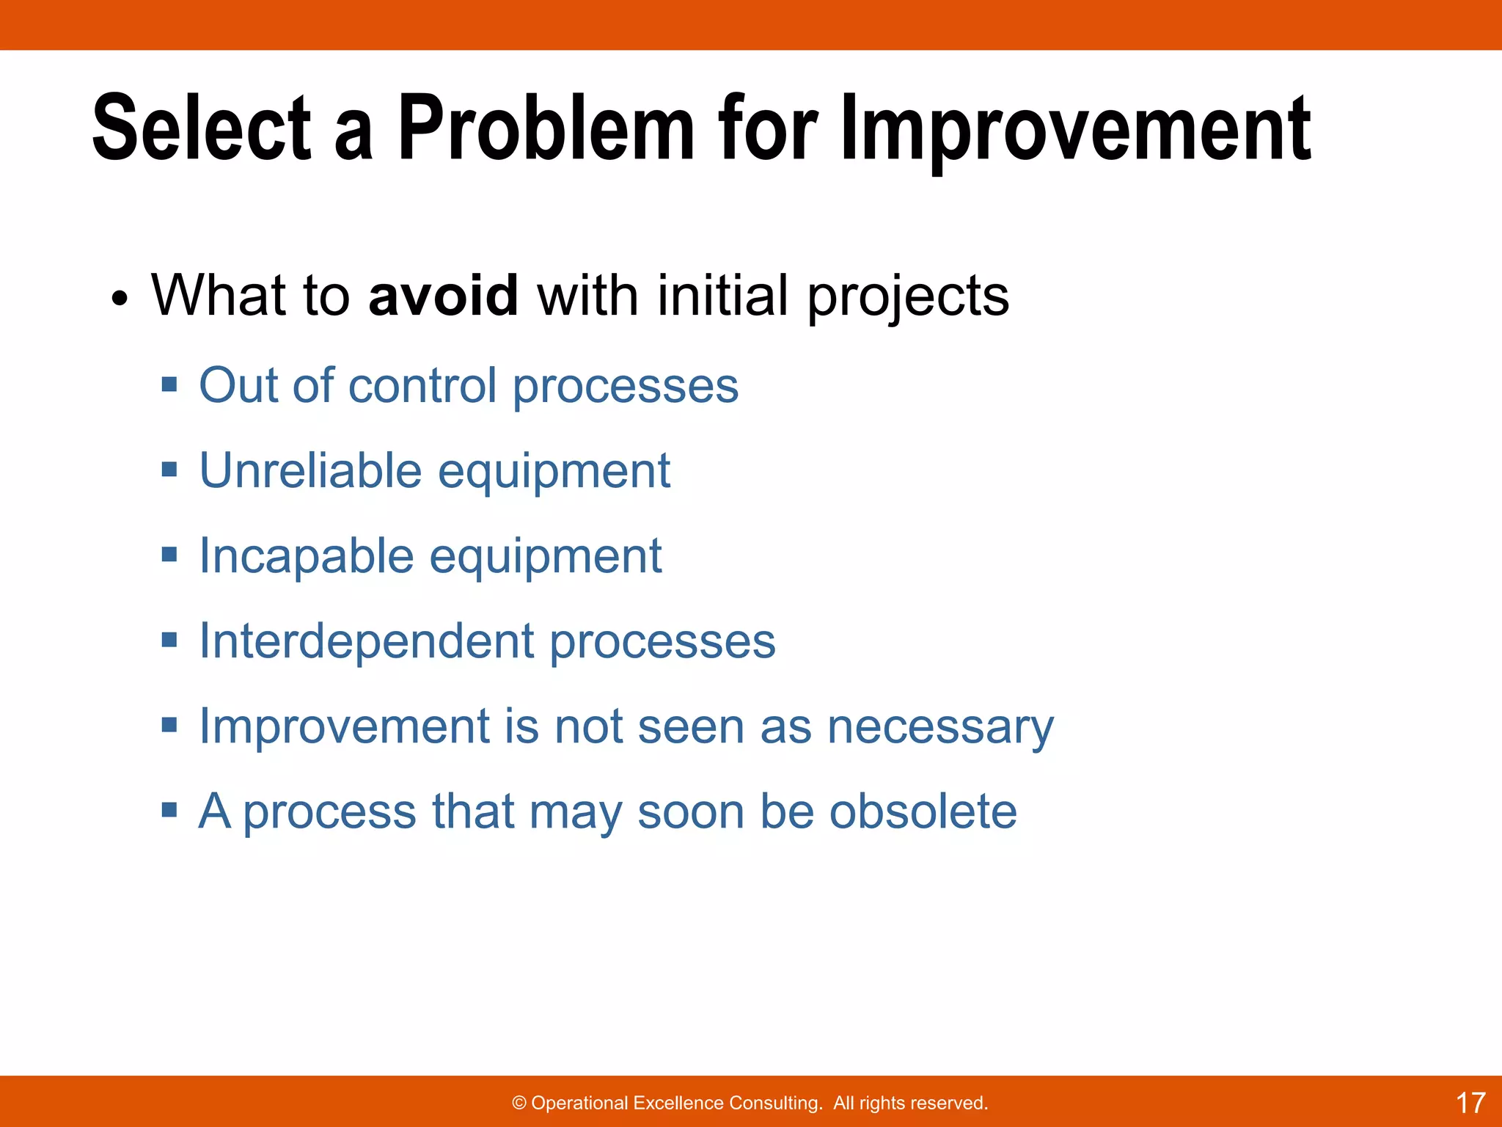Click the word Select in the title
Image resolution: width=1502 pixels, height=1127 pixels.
pos(202,128)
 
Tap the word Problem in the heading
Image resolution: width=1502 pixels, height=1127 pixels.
pos(546,128)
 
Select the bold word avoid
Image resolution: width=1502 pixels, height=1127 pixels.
pos(444,296)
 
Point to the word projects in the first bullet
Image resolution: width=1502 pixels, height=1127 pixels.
pos(908,297)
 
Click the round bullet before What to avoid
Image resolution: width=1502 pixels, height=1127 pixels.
pos(120,299)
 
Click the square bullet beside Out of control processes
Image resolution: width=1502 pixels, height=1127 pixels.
pos(169,384)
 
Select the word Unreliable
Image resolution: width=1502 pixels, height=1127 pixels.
pos(310,470)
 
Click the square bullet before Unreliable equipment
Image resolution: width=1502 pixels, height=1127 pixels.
pos(169,469)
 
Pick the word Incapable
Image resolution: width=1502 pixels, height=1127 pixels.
pos(307,555)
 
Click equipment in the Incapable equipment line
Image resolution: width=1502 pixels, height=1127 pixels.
pos(546,558)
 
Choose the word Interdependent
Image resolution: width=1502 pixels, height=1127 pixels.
pos(367,641)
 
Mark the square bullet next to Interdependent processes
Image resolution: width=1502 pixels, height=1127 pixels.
pos(169,640)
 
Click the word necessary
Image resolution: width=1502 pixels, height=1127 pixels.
pos(940,728)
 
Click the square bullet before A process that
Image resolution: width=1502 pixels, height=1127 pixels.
pos(169,810)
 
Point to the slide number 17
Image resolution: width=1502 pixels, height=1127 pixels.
pos(1470,1103)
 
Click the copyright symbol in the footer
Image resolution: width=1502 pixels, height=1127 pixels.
pos(519,1104)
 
